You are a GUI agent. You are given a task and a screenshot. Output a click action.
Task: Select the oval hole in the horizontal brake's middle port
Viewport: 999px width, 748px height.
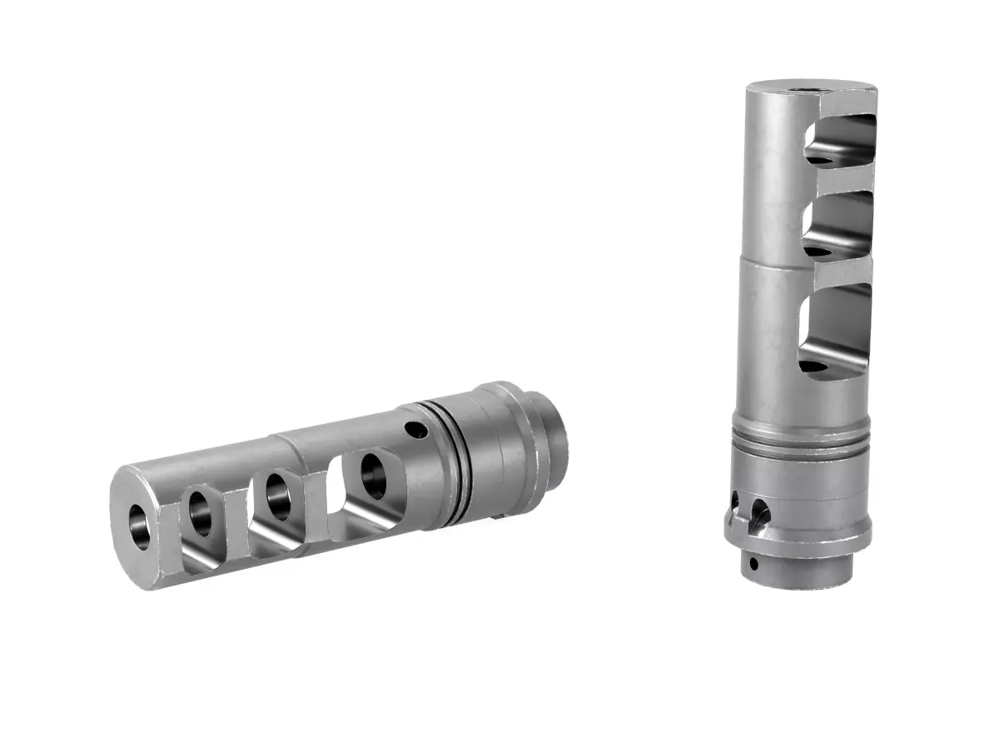tap(278, 496)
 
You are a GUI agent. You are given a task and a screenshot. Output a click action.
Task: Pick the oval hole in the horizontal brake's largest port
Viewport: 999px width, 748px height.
tap(372, 475)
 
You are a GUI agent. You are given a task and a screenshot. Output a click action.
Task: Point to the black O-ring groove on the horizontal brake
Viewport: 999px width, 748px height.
tap(450, 462)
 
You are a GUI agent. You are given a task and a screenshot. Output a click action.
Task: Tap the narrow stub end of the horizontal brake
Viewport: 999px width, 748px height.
tap(554, 434)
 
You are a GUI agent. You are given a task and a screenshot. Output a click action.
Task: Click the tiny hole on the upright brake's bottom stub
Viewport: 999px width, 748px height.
tap(753, 563)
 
